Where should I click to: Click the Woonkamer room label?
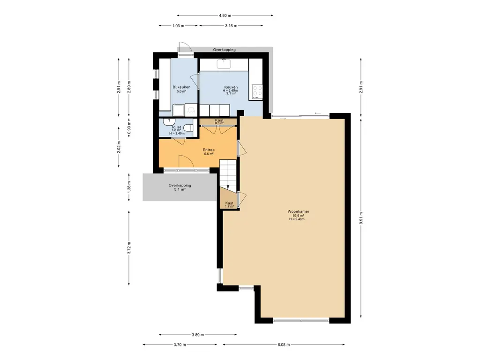click(x=298, y=211)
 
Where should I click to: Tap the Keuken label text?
click(x=231, y=87)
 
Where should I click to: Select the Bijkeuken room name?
click(x=181, y=87)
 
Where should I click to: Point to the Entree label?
click(x=209, y=150)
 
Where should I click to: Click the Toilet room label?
click(x=176, y=127)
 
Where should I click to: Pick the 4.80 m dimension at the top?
click(x=225, y=15)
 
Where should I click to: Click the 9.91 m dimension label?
click(x=361, y=218)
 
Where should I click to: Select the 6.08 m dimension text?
click(x=284, y=345)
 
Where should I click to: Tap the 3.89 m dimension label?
click(x=198, y=335)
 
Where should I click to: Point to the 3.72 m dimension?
click(x=129, y=248)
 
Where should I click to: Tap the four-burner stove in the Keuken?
click(x=257, y=92)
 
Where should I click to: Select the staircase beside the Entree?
click(x=228, y=176)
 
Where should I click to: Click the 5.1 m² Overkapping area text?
click(x=180, y=189)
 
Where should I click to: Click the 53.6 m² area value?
click(x=298, y=216)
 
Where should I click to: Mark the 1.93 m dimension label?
click(x=178, y=26)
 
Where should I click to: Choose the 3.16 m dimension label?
click(x=231, y=26)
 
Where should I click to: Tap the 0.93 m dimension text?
click(x=129, y=128)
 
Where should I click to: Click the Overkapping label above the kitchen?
click(x=225, y=50)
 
